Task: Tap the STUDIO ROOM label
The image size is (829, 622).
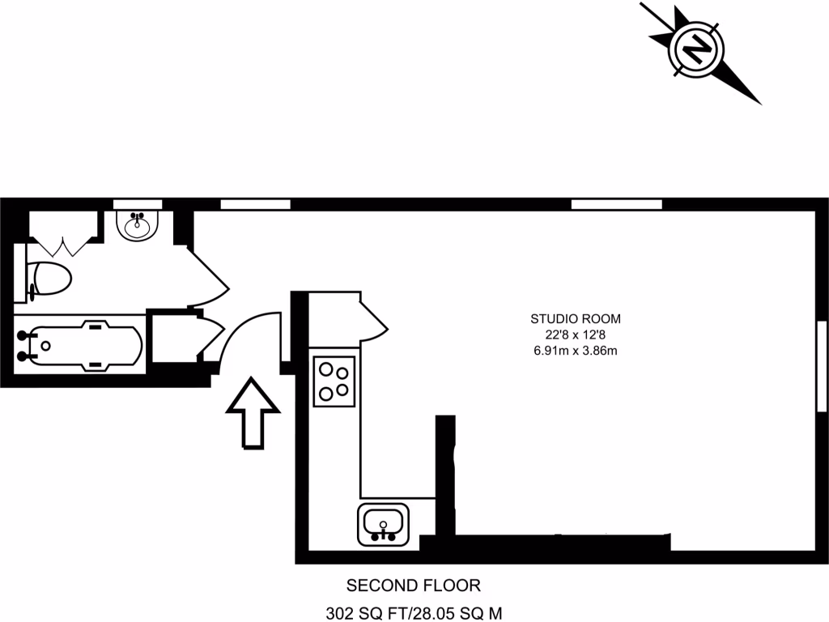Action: (575, 318)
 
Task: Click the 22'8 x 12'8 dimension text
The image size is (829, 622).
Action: (575, 334)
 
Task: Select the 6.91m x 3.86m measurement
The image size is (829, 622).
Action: (575, 351)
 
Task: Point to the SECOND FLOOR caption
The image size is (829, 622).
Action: (414, 585)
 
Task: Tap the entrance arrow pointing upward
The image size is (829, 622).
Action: (253, 412)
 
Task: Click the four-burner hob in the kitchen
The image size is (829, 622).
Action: (334, 381)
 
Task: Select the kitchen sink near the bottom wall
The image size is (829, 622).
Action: (383, 524)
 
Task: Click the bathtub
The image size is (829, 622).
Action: (81, 346)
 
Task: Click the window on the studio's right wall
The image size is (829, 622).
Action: (822, 365)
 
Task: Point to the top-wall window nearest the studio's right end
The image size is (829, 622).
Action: (616, 204)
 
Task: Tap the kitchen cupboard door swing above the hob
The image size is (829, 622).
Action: (372, 321)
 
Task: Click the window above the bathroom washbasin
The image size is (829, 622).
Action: (138, 204)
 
